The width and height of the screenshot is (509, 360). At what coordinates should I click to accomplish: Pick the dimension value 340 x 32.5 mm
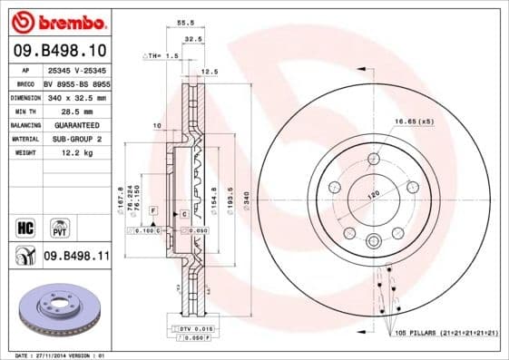pyautogui.click(x=76, y=96)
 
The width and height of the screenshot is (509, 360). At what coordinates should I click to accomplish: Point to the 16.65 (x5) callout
pyautogui.click(x=414, y=121)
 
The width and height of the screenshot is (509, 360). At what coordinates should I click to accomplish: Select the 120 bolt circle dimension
pyautogui.click(x=372, y=195)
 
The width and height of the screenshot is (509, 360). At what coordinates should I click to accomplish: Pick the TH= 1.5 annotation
pyautogui.click(x=162, y=56)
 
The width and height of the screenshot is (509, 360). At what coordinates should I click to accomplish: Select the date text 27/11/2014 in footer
pyautogui.click(x=54, y=355)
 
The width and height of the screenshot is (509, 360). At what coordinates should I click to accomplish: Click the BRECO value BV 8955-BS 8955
pyautogui.click(x=76, y=82)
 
